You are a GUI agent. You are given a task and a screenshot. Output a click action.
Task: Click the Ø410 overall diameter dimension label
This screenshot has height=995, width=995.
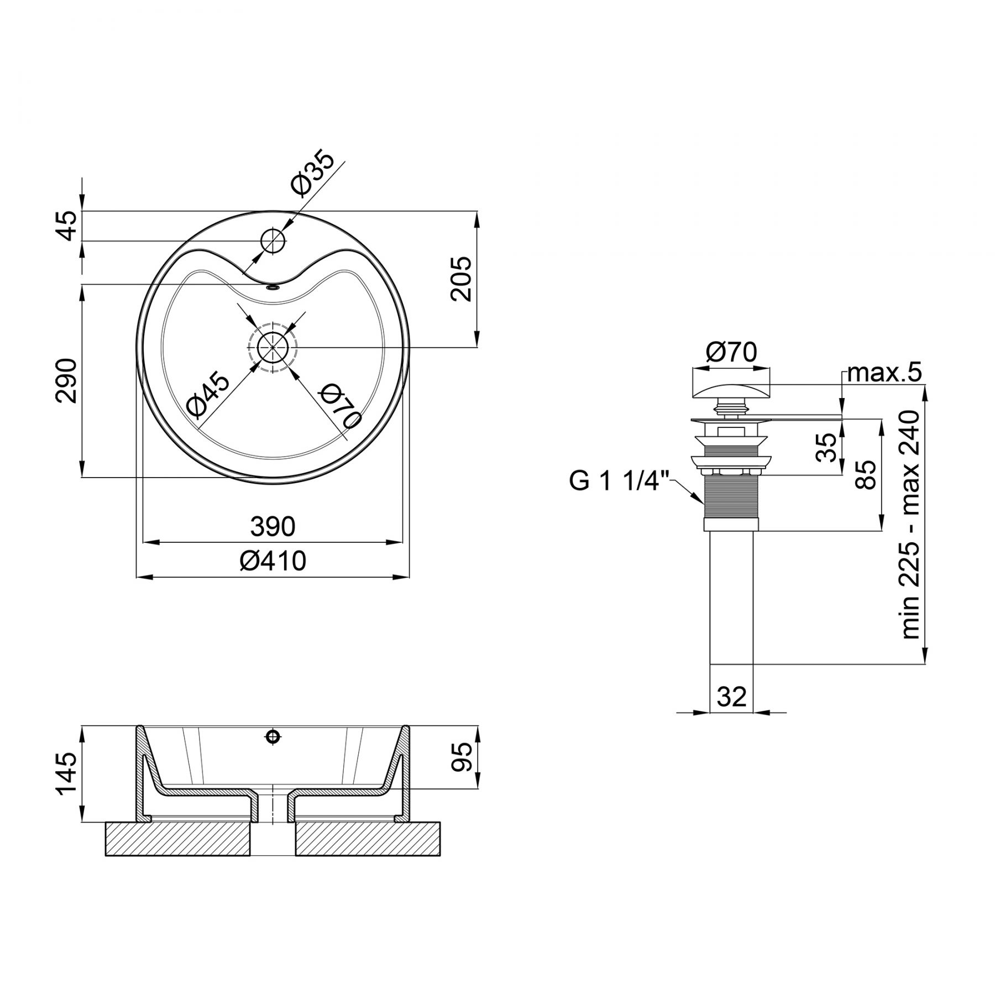273,561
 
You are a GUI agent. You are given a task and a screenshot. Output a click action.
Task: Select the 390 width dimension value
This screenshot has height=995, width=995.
273,527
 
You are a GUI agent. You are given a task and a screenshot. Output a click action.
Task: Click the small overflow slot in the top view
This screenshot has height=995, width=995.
273,287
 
